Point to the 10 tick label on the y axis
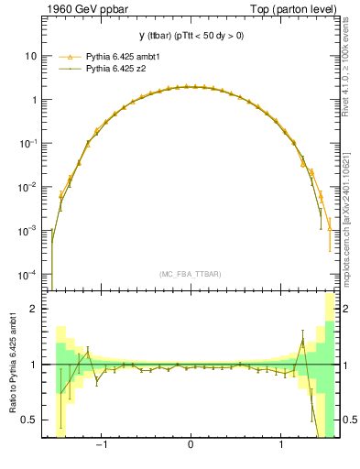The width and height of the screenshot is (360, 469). coord(31,56)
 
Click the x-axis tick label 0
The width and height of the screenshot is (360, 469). coord(190,449)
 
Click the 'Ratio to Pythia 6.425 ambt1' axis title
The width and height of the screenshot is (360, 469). coord(13,364)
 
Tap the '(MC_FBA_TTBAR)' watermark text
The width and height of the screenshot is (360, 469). coord(190,274)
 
